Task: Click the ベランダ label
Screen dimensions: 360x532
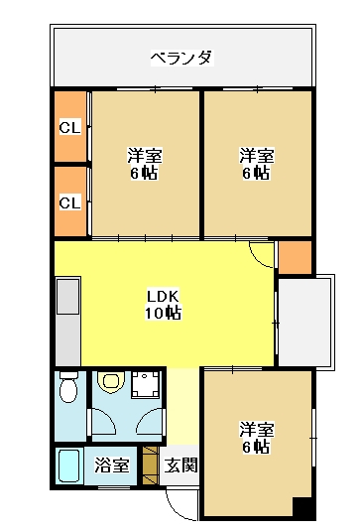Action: (x=182, y=58)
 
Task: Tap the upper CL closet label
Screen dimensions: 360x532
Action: (x=70, y=128)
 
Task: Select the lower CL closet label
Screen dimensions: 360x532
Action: (x=70, y=202)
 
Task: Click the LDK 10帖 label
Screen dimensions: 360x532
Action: (x=163, y=305)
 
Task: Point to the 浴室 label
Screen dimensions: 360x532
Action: (x=112, y=465)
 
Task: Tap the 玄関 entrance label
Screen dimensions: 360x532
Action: (x=180, y=465)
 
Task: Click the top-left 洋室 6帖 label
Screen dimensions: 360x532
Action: (x=145, y=164)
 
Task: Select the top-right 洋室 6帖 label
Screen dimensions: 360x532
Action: (x=257, y=164)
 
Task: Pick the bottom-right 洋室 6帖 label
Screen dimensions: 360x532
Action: (x=257, y=438)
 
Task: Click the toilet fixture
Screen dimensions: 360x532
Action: (x=68, y=387)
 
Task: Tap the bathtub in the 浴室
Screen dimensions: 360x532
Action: (x=69, y=465)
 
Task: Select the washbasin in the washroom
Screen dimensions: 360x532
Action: (x=110, y=382)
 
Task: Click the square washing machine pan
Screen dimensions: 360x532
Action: (x=146, y=385)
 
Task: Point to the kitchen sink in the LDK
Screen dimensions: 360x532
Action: (x=68, y=296)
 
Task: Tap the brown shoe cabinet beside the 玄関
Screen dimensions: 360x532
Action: (x=151, y=465)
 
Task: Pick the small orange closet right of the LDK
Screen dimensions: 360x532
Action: (x=295, y=257)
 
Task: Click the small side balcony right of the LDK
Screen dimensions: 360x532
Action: (x=304, y=322)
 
